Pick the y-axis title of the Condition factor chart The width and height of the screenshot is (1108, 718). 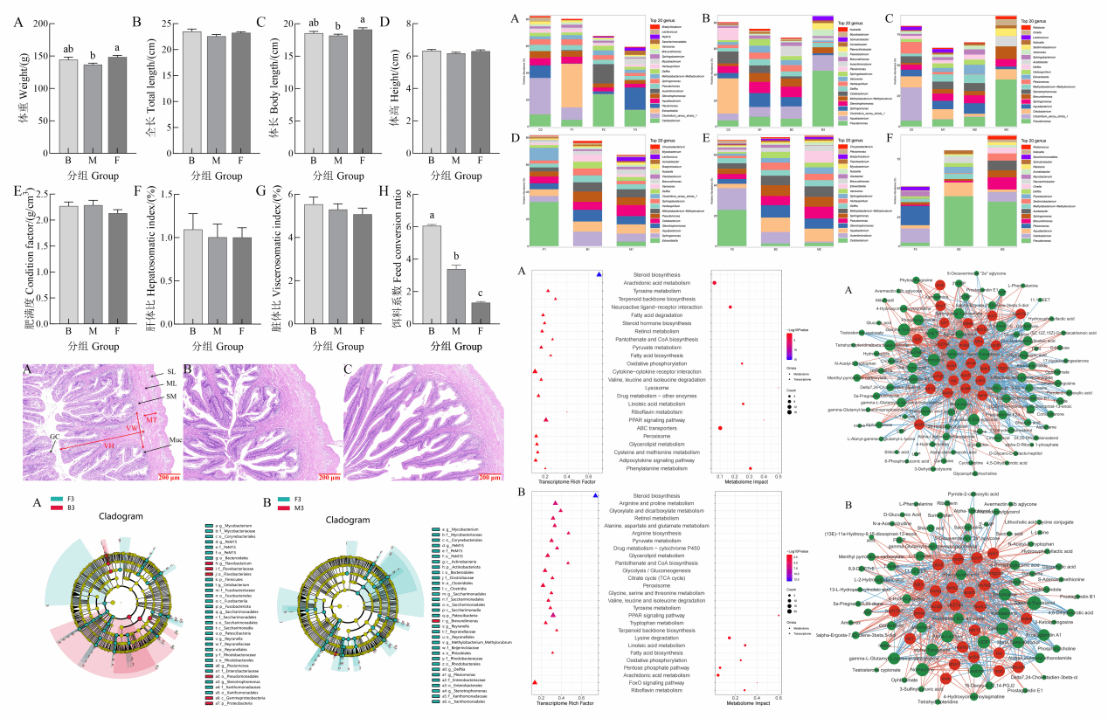[17, 262]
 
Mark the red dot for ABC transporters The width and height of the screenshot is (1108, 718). [719, 428]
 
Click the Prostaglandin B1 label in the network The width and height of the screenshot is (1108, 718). [1076, 597]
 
